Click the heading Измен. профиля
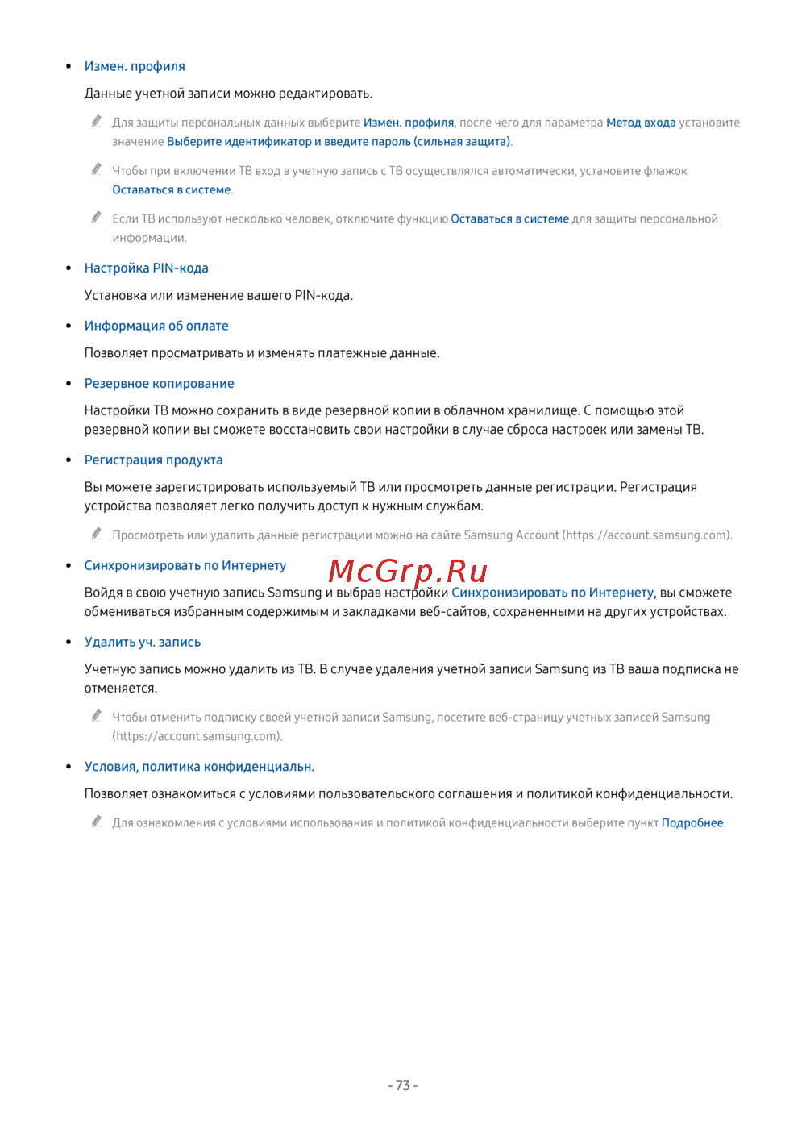pos(135,66)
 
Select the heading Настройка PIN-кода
pos(146,268)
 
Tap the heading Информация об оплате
pos(156,326)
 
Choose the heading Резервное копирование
pos(159,384)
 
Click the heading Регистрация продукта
pos(153,460)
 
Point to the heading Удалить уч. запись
pos(142,642)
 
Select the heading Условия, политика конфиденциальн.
pos(199,767)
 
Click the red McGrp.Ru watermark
pos(408,571)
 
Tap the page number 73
pos(403,1085)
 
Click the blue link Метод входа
pos(641,123)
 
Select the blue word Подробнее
pos(692,823)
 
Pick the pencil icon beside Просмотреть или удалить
pos(97,533)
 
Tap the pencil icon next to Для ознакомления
pos(97,821)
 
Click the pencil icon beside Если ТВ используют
pos(97,217)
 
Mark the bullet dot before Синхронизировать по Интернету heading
pos(69,565)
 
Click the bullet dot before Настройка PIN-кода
pos(69,268)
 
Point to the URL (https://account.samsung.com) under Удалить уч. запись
pos(197,736)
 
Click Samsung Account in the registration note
pos(511,535)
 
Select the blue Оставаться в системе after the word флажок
pos(171,190)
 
